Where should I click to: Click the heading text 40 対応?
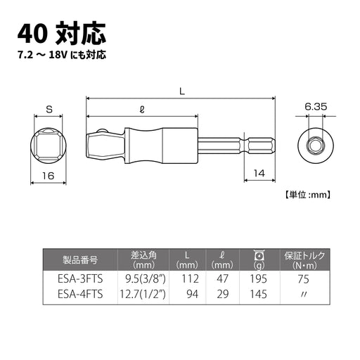pos(62,32)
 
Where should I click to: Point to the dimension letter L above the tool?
pos(181,90)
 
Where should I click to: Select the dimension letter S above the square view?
pos(49,108)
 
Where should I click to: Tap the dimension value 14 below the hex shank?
pos(259,172)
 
